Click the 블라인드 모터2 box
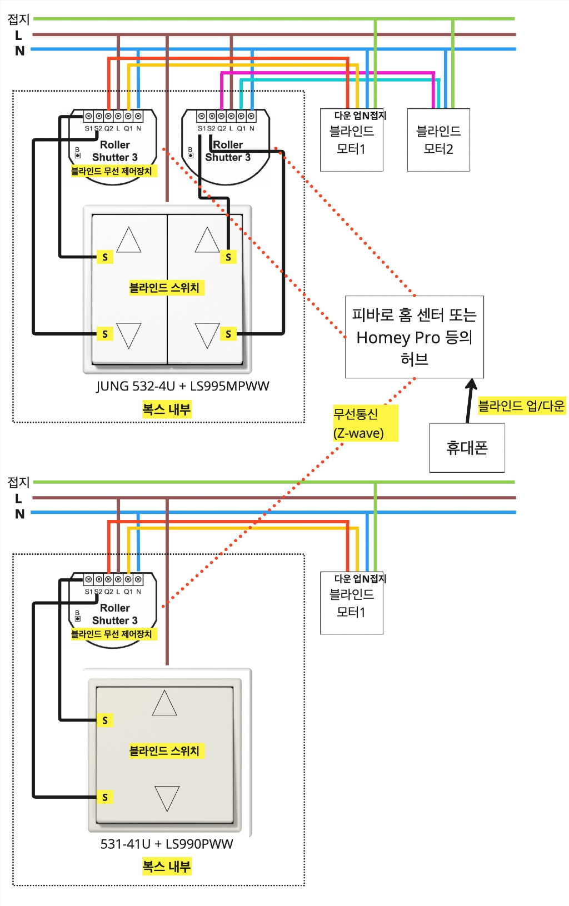tap(438, 140)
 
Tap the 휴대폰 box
tap(467, 448)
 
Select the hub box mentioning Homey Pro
tap(414, 337)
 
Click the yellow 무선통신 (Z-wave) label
tap(365, 423)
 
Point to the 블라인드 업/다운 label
tap(521, 406)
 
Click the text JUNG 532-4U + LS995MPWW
tap(182, 386)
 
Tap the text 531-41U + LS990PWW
tap(167, 844)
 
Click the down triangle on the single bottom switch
tap(167, 798)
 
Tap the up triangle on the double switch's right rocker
tap(207, 239)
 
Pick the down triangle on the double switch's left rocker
tap(129, 336)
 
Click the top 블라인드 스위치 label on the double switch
tap(164, 288)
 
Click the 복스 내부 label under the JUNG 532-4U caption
tap(167, 409)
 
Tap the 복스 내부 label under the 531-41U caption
tap(167, 866)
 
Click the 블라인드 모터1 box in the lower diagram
tap(351, 603)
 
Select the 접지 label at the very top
tap(18, 19)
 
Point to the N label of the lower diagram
tap(19, 514)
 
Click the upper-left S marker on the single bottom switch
tap(105, 720)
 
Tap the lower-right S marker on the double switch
tap(228, 334)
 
